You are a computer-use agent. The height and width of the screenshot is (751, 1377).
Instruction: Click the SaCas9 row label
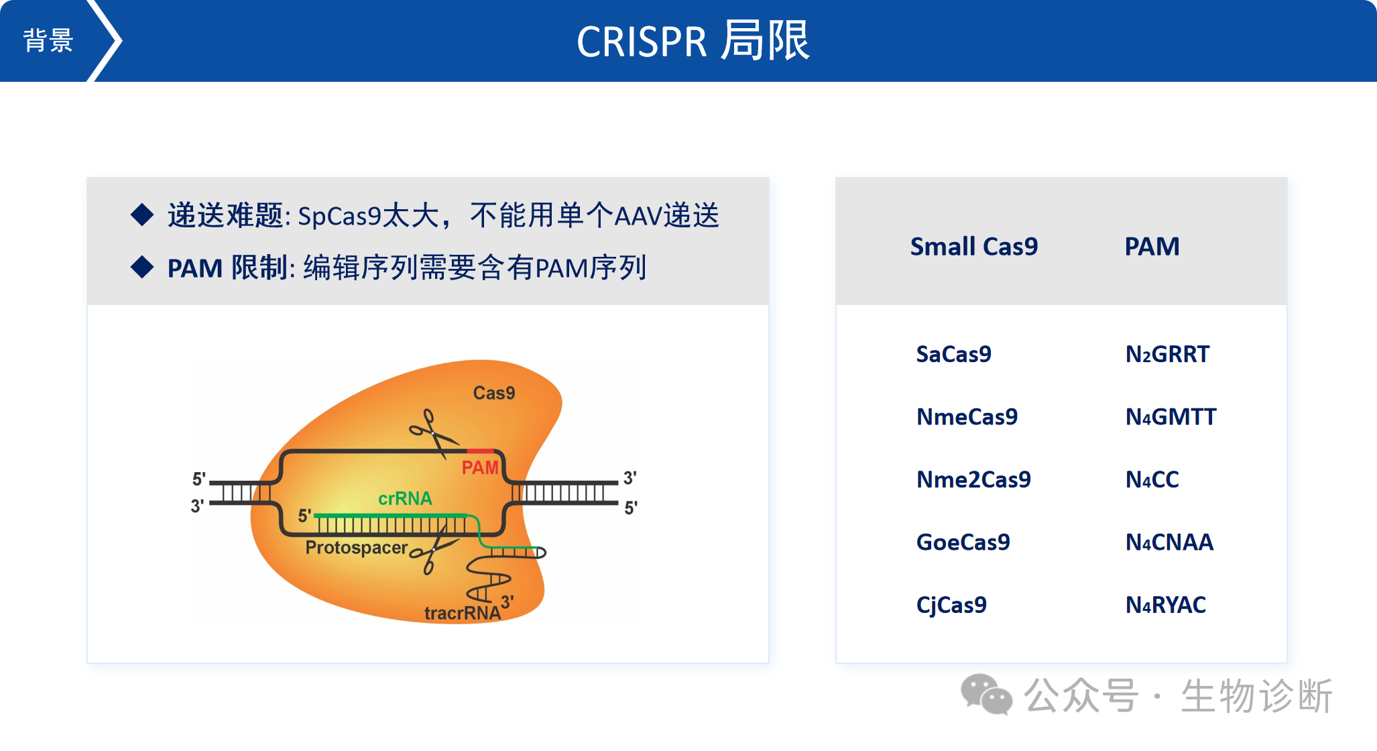[953, 354]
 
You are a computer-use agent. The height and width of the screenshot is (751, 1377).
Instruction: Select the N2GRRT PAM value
[1167, 354]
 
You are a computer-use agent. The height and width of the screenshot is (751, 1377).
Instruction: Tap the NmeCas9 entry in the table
[967, 417]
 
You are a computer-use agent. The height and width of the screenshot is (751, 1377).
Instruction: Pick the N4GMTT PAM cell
[1171, 417]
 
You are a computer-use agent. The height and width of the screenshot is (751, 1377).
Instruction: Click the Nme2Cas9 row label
[973, 479]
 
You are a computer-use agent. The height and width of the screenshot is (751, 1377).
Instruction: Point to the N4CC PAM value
[1152, 479]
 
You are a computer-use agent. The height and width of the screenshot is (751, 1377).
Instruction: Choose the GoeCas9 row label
[963, 542]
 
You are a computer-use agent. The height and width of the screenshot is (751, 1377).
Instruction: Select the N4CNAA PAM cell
[1169, 542]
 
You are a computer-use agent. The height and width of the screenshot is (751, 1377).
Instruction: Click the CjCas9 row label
[951, 605]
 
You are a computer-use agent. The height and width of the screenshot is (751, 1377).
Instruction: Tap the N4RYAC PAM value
[1165, 605]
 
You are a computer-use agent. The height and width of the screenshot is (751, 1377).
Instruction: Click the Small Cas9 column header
[973, 247]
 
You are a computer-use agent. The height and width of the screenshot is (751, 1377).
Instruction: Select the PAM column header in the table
[1152, 247]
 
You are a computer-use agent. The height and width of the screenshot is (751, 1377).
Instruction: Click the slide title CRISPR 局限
[693, 42]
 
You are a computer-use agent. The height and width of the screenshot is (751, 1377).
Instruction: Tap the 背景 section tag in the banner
[48, 41]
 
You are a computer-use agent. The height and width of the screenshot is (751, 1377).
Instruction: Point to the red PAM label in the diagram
[480, 467]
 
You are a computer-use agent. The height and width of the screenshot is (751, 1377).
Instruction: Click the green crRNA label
[405, 498]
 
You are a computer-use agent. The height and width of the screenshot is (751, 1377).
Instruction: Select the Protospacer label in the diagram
[356, 548]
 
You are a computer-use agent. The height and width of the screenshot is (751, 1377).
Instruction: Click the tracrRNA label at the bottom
[462, 613]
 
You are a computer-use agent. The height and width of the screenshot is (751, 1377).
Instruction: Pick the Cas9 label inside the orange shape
[493, 393]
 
